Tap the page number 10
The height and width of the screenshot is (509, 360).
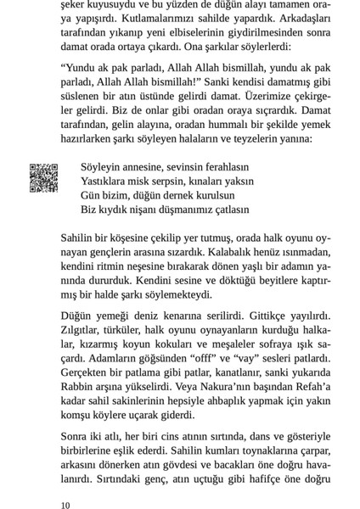[x=66, y=505]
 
